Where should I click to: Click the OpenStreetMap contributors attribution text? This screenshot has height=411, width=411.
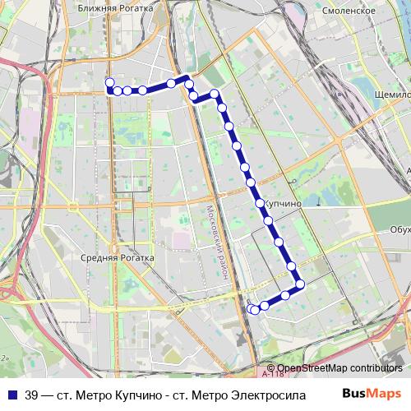coord(339,367)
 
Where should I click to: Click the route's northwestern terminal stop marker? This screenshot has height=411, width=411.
coord(109,81)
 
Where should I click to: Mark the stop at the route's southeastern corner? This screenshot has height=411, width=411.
coord(300,284)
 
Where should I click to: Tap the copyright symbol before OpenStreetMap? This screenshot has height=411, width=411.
coord(272,367)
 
